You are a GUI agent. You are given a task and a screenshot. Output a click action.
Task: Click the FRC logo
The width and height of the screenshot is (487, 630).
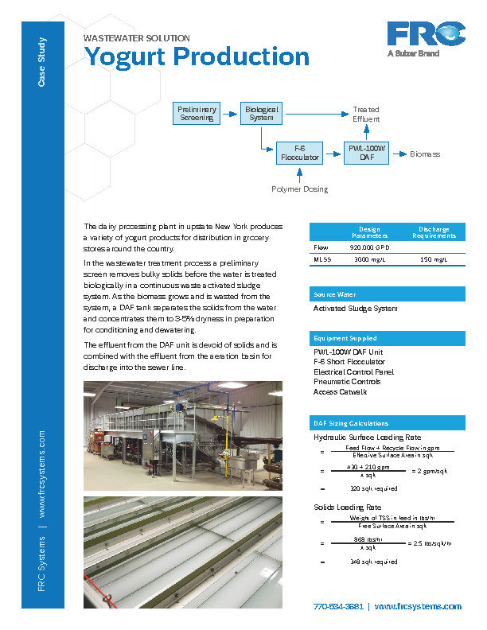pyautogui.click(x=426, y=36)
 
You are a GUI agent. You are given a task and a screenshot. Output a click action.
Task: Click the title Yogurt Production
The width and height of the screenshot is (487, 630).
pyautogui.click(x=197, y=56)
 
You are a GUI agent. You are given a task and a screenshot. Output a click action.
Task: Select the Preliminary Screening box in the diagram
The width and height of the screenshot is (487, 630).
pyautogui.click(x=196, y=114)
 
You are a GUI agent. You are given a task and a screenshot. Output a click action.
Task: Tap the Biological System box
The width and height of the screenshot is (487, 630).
pyautogui.click(x=262, y=113)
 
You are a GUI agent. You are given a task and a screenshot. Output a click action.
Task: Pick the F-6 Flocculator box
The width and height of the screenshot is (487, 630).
pyautogui.click(x=299, y=153)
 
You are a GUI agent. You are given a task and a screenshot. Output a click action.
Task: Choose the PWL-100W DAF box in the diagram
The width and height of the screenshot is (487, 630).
pyautogui.click(x=366, y=153)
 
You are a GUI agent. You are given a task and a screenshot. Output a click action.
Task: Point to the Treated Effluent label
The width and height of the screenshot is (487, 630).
pyautogui.click(x=366, y=114)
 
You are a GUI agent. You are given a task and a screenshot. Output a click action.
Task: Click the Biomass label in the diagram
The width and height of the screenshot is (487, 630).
pyautogui.click(x=425, y=154)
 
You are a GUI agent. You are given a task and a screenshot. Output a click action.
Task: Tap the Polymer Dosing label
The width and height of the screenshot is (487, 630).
pyautogui.click(x=299, y=189)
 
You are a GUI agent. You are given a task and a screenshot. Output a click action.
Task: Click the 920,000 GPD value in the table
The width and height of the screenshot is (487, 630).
pyautogui.click(x=367, y=247)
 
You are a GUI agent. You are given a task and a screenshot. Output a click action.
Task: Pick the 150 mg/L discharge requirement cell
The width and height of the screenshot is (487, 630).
pyautogui.click(x=434, y=259)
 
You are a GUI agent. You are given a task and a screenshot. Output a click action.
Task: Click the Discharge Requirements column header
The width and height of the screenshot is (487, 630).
pyautogui.click(x=434, y=232)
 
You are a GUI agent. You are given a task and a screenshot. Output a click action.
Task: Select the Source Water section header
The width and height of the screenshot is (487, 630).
pyautogui.click(x=334, y=294)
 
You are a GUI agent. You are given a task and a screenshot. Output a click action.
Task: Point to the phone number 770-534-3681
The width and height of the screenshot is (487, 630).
pyautogui.click(x=338, y=607)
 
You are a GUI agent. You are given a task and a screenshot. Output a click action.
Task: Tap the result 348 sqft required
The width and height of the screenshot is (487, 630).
pyautogui.click(x=373, y=562)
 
